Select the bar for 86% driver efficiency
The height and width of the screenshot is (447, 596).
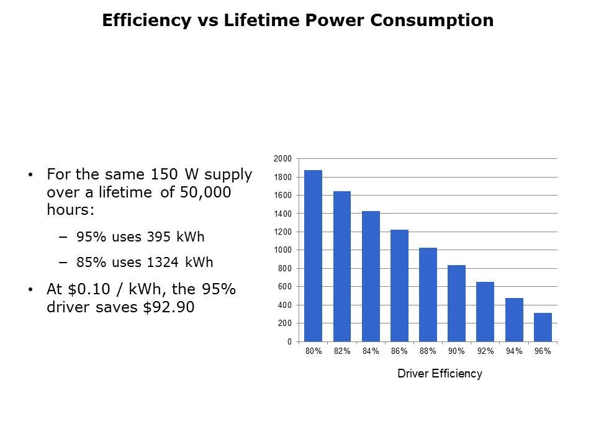click(x=399, y=286)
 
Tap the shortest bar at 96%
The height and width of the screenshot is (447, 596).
click(x=543, y=327)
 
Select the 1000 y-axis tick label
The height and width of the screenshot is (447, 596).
click(x=282, y=250)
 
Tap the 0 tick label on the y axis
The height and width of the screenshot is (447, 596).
click(x=289, y=342)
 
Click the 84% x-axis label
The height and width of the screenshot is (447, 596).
click(x=371, y=351)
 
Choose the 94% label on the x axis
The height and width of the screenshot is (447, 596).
click(x=514, y=351)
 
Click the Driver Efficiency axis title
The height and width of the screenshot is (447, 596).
click(x=440, y=374)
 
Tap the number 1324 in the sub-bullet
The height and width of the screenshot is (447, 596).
click(x=160, y=262)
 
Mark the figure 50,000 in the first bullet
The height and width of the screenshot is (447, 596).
click(x=207, y=192)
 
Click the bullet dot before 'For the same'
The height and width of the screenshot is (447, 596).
click(x=32, y=176)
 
